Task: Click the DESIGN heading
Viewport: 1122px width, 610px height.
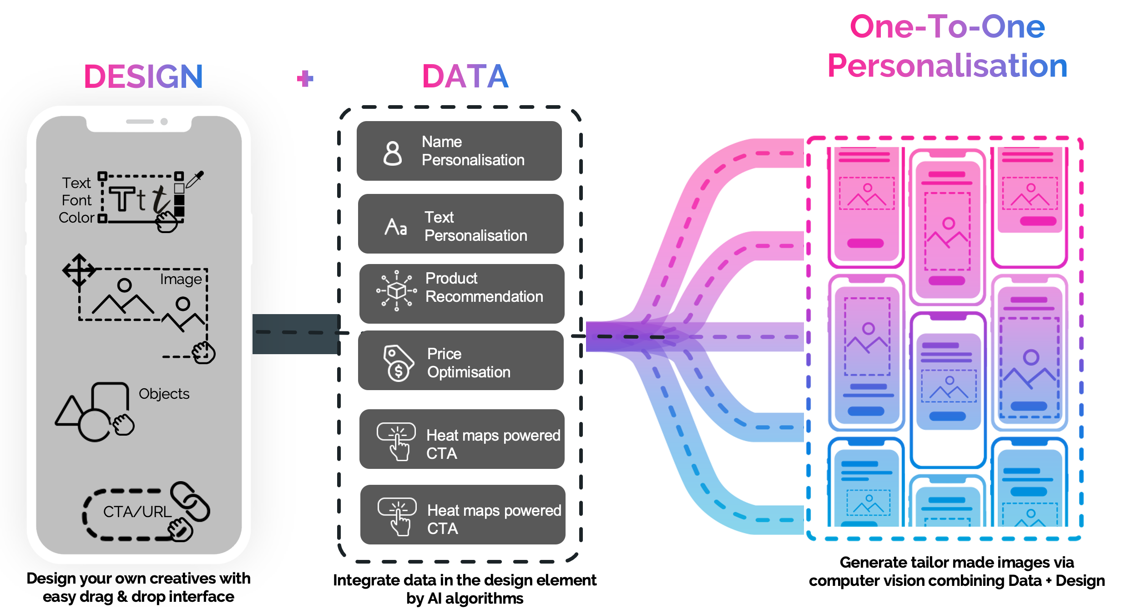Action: pyautogui.click(x=143, y=76)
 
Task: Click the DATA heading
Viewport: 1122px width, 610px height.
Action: pyautogui.click(x=465, y=76)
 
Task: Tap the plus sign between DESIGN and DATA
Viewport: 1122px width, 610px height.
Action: pyautogui.click(x=305, y=78)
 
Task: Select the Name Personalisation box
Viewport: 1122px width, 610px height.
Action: pyautogui.click(x=459, y=151)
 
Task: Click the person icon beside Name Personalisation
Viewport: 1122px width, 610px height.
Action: pyautogui.click(x=393, y=153)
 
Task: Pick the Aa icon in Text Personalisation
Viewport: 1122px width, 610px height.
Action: pyautogui.click(x=396, y=227)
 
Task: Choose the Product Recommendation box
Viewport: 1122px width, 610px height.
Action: pyautogui.click(x=462, y=294)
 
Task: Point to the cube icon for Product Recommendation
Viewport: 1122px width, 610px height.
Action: pyautogui.click(x=397, y=290)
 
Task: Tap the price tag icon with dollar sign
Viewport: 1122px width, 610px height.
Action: pyautogui.click(x=398, y=362)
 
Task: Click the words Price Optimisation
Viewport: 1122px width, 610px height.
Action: pyautogui.click(x=469, y=363)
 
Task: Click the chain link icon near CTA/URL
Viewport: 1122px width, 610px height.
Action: pyautogui.click(x=190, y=501)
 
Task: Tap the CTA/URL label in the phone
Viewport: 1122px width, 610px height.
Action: pyautogui.click(x=137, y=512)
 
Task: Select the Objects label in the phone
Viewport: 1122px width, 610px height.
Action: pyautogui.click(x=164, y=393)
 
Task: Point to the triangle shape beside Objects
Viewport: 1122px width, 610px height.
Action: pyautogui.click(x=70, y=412)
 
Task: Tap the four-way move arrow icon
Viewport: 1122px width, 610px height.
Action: pyautogui.click(x=79, y=270)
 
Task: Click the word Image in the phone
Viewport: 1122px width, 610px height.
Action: pyautogui.click(x=181, y=279)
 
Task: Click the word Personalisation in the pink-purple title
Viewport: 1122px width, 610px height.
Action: pyautogui.click(x=947, y=66)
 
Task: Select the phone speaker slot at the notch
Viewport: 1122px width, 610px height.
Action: pyautogui.click(x=140, y=122)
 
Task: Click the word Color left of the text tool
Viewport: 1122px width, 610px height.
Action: pyautogui.click(x=76, y=218)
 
